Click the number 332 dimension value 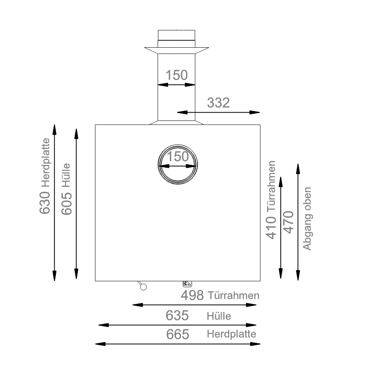[218, 103]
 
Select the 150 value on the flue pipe [176, 75]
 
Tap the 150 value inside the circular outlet [178, 157]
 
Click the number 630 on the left [45, 203]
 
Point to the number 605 [67, 204]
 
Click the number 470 [288, 222]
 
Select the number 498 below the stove [192, 296]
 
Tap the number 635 [177, 315]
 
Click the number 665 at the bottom [178, 335]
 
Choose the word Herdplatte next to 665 [231, 334]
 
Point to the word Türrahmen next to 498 [234, 295]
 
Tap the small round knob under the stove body [143, 287]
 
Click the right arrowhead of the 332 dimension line [256, 113]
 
